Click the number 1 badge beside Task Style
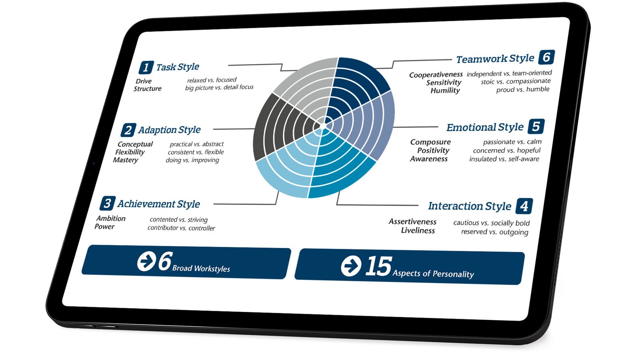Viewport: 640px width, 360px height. click(x=146, y=68)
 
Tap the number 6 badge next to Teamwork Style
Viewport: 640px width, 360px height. click(x=546, y=57)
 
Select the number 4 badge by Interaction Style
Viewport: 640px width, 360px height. click(x=524, y=206)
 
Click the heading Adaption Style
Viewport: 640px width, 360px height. click(x=170, y=130)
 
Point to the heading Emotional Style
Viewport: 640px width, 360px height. click(x=485, y=127)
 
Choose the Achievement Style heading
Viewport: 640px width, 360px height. click(x=158, y=204)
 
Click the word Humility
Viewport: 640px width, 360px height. click(x=445, y=90)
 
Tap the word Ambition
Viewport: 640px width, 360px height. click(x=111, y=218)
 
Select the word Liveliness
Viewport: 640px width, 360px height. click(x=418, y=230)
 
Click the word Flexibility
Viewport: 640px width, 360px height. click(x=130, y=152)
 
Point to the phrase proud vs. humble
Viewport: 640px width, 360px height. click(x=523, y=90)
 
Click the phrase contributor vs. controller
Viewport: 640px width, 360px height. click(x=181, y=228)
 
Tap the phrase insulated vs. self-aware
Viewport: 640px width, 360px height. click(x=504, y=159)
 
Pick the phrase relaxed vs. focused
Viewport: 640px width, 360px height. click(x=212, y=80)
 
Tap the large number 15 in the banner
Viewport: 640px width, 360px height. click(x=378, y=266)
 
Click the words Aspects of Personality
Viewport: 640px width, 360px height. click(x=433, y=274)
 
